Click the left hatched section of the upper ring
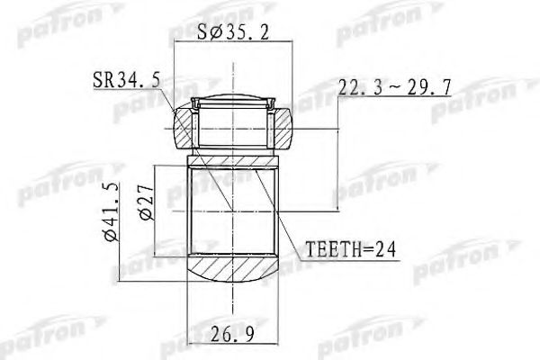pos(184,126)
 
